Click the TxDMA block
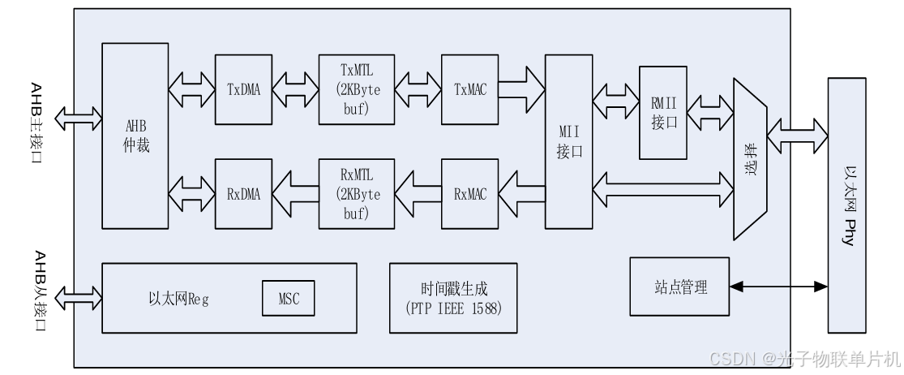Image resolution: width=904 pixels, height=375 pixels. click(x=243, y=89)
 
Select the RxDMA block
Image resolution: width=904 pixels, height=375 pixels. click(x=243, y=193)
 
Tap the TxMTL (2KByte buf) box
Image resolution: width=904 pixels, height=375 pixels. click(x=356, y=89)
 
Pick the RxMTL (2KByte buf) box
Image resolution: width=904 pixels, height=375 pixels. click(x=356, y=193)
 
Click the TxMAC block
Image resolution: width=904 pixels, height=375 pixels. click(x=469, y=89)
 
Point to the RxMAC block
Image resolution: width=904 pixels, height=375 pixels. click(x=469, y=193)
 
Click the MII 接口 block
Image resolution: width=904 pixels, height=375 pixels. click(x=570, y=142)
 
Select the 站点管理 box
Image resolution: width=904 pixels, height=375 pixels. click(x=679, y=287)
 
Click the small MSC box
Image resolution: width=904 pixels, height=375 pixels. click(x=287, y=298)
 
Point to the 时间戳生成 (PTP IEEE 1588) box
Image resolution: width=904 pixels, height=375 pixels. click(x=452, y=298)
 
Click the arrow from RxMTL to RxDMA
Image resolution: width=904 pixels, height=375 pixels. click(x=295, y=193)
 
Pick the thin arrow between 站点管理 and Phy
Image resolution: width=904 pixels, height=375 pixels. click(x=778, y=286)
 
